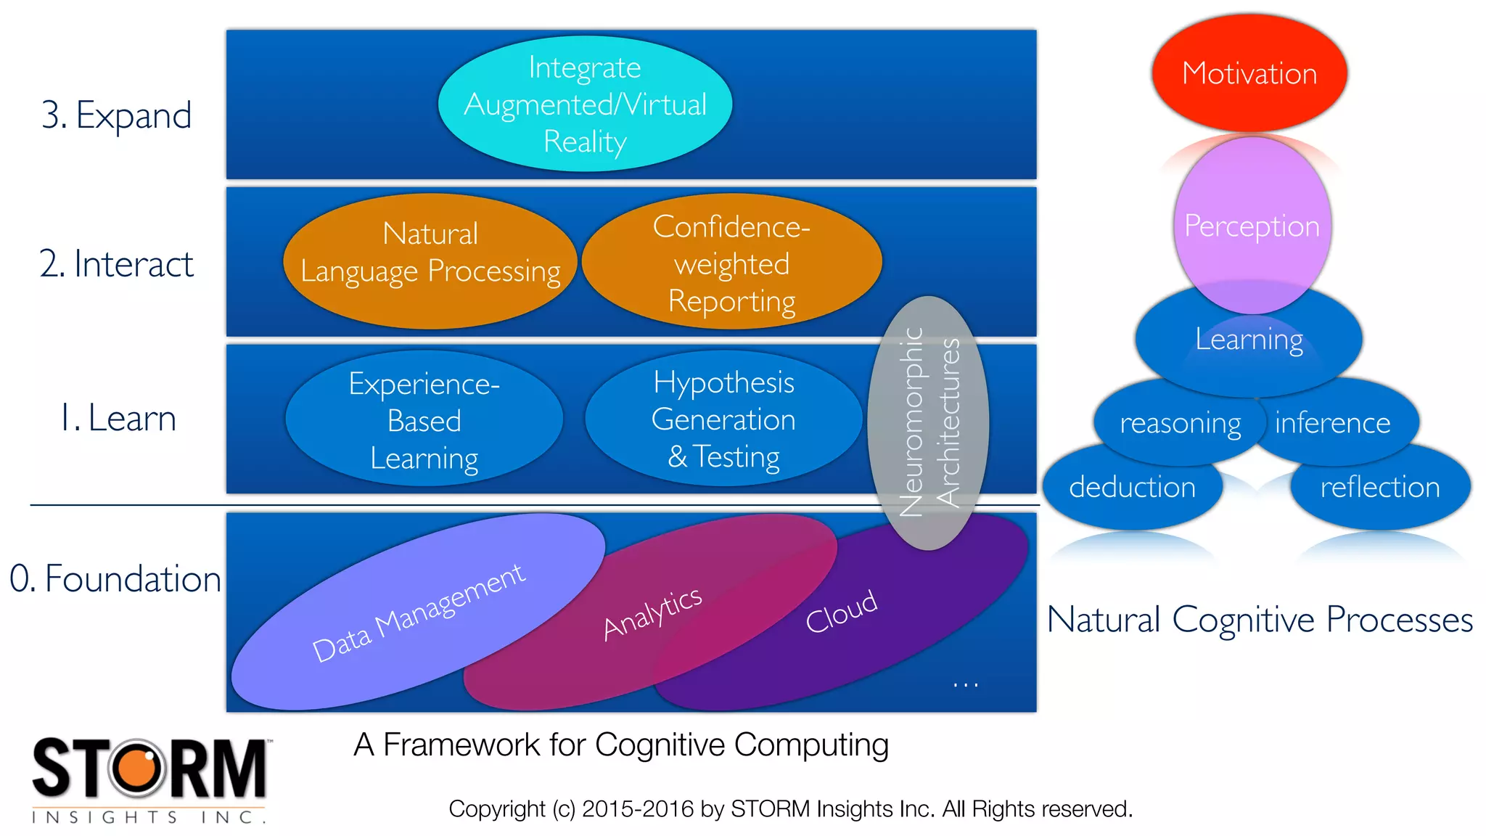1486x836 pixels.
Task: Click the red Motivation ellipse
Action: pyautogui.click(x=1249, y=73)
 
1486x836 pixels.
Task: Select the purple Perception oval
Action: pyautogui.click(x=1252, y=226)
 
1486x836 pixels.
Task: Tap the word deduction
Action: pyautogui.click(x=1132, y=487)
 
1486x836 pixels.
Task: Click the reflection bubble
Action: pyautogui.click(x=1379, y=487)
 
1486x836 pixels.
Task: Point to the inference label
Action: pyautogui.click(x=1332, y=422)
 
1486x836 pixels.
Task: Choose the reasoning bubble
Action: pyautogui.click(x=1180, y=423)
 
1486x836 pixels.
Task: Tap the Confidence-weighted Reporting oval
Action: pyautogui.click(x=731, y=263)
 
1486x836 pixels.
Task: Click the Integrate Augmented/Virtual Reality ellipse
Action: pyautogui.click(x=585, y=104)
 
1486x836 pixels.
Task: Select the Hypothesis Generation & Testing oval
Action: pyautogui.click(x=723, y=419)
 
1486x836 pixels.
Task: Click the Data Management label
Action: pyautogui.click(x=418, y=613)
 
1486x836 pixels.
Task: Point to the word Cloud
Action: pyautogui.click(x=842, y=612)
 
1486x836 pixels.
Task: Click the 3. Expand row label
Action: pyautogui.click(x=116, y=115)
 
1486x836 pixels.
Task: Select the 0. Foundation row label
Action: pyautogui.click(x=115, y=579)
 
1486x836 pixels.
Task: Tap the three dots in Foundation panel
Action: pyautogui.click(x=965, y=684)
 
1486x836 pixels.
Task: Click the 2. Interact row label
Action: pyautogui.click(x=116, y=263)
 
